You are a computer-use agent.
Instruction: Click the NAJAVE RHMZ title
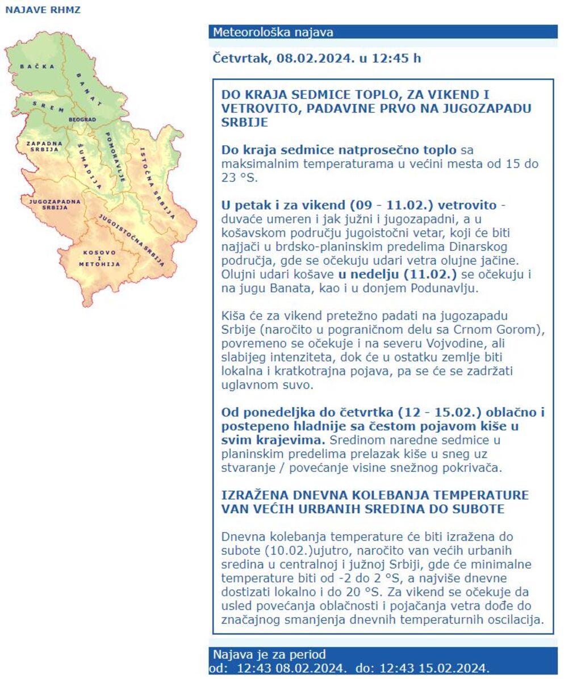click(x=43, y=10)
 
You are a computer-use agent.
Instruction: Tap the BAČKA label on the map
click(x=37, y=66)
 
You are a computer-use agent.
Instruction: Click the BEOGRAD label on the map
click(x=82, y=120)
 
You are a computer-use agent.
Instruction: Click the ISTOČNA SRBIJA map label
click(x=157, y=183)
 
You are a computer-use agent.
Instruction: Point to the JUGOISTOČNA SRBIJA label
click(x=132, y=240)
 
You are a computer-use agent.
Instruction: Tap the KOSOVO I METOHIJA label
click(x=99, y=258)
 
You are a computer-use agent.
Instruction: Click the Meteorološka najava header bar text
click(x=273, y=32)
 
